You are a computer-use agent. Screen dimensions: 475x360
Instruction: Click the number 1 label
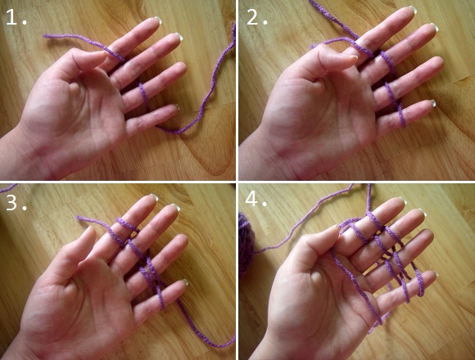(16, 17)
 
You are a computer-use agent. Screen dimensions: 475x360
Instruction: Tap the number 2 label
(257, 17)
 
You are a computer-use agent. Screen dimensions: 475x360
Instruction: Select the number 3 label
(16, 202)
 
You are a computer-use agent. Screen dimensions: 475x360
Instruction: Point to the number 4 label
(256, 199)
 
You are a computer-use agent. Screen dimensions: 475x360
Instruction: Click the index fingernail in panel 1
(157, 20)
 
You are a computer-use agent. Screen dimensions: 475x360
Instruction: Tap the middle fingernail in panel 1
(179, 36)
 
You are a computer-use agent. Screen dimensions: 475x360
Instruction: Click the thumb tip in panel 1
(102, 54)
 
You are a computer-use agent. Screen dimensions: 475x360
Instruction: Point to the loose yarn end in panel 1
(45, 36)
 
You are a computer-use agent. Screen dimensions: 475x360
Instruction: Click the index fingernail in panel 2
(413, 10)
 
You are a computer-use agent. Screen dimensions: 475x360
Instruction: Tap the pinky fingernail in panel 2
(432, 103)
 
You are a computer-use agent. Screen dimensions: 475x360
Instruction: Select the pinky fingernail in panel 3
(185, 282)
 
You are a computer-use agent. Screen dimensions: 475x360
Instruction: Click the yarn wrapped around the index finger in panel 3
(127, 224)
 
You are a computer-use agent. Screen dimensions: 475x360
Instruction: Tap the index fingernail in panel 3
(155, 197)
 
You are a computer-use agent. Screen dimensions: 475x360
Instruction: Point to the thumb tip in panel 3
(89, 230)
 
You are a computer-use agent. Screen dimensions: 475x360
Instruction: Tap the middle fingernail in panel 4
(423, 213)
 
